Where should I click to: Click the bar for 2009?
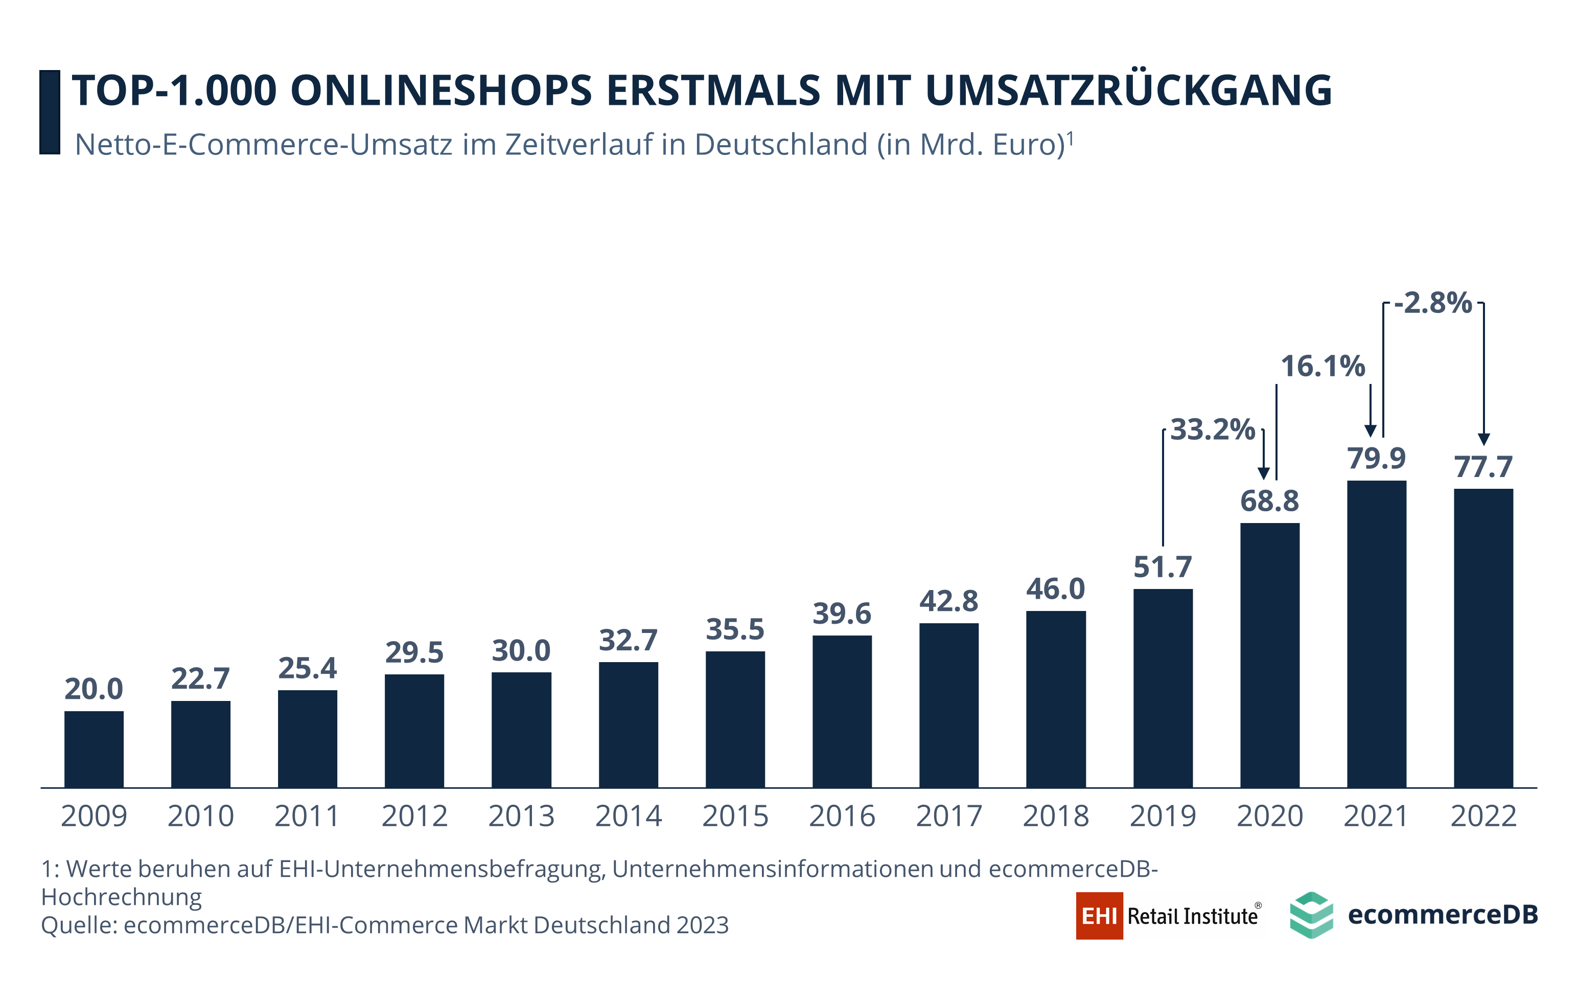(94, 749)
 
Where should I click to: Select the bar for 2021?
(1376, 634)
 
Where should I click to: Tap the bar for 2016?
(842, 711)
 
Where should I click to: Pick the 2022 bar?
(1483, 638)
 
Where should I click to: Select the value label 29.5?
(414, 653)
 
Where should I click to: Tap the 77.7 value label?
(1483, 467)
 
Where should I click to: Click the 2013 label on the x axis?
(521, 817)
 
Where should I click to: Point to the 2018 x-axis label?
(1056, 817)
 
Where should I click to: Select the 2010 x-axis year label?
(200, 817)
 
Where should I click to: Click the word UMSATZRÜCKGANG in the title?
(1128, 90)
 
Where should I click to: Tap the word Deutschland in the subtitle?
(780, 145)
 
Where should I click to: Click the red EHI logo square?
(1099, 916)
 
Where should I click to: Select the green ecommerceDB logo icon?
(1311, 915)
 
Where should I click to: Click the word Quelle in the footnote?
(78, 925)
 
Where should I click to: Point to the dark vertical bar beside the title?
(50, 112)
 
